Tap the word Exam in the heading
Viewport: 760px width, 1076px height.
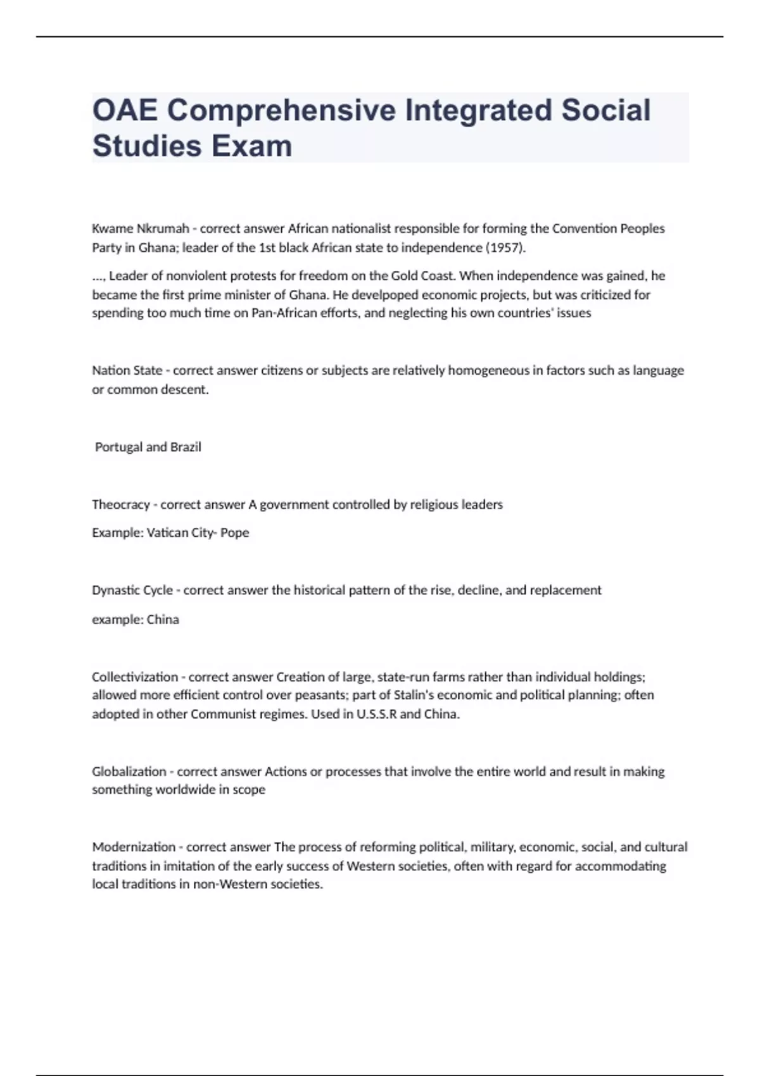click(251, 146)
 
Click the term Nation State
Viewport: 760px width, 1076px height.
click(127, 370)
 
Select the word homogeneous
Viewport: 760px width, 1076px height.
click(488, 370)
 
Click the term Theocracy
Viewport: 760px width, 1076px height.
click(121, 504)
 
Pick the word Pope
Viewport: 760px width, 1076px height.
click(234, 533)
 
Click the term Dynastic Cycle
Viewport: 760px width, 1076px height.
click(132, 590)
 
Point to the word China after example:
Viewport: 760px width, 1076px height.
click(163, 620)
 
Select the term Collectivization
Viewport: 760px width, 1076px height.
click(135, 677)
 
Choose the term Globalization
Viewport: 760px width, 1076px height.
click(129, 772)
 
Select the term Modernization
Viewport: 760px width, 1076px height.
click(134, 847)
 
